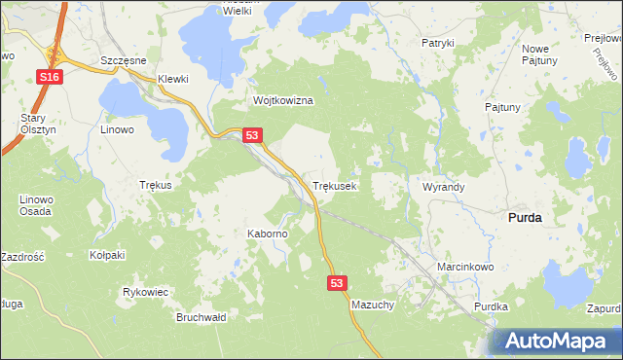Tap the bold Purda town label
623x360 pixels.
pos(525,219)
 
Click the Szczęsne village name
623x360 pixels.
pos(123,59)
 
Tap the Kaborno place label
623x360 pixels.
pos(267,234)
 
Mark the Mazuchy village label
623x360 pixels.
pos(372,305)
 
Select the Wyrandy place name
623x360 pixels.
pos(443,186)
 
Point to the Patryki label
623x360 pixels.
pos(438,44)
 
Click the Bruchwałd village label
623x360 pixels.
pos(201,317)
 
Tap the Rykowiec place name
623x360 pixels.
pos(146,292)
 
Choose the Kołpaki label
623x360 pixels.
pos(107,255)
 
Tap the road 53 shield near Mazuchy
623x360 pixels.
pos(336,282)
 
